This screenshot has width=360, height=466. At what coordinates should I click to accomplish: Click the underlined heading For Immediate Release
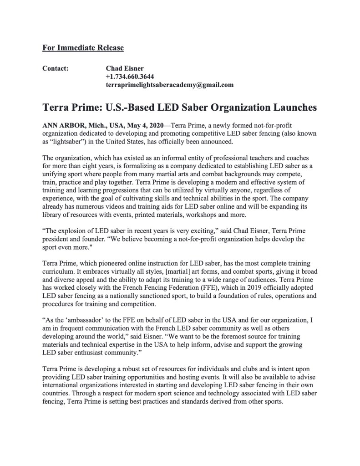83,47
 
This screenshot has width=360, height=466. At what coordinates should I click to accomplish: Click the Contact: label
55,69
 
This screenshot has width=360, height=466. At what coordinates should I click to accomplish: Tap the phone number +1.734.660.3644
130,77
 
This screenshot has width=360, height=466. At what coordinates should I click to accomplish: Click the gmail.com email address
169,84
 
